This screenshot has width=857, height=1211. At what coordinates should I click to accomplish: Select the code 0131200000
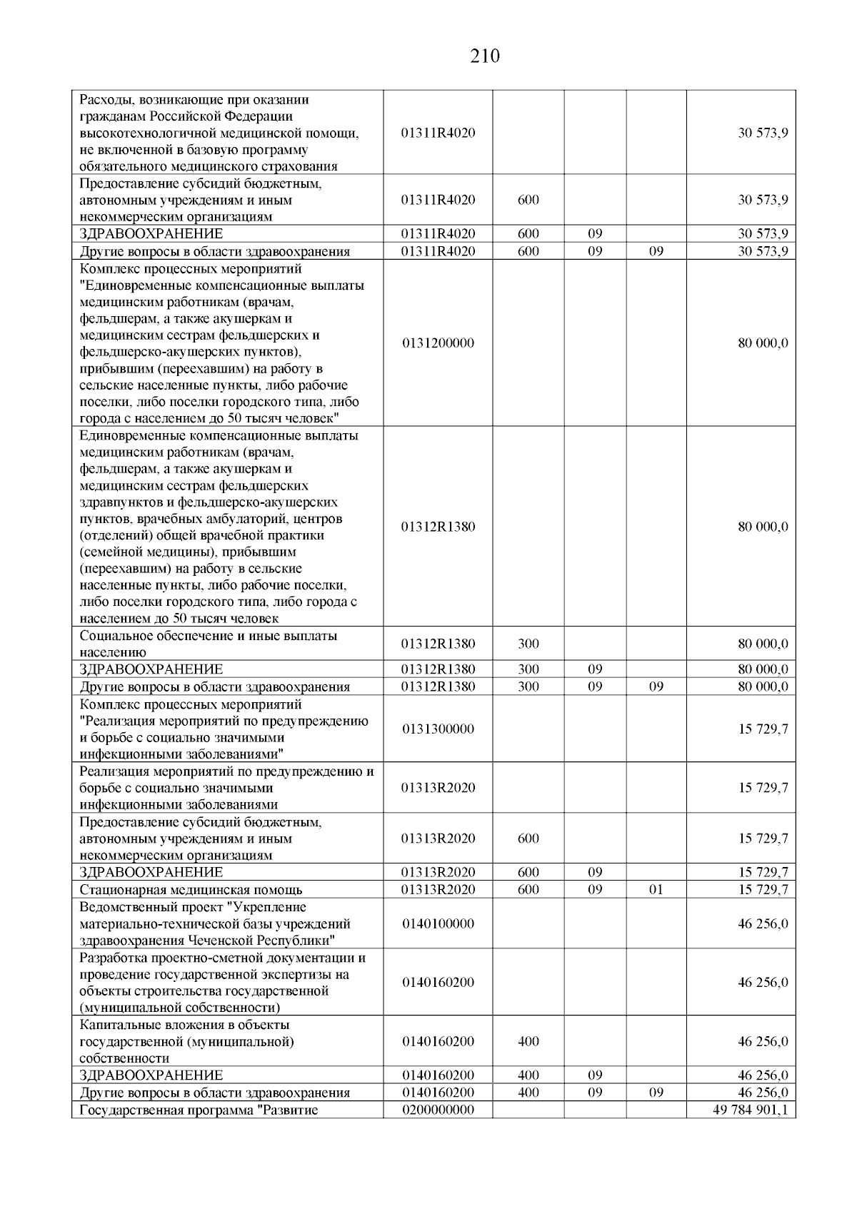point(438,343)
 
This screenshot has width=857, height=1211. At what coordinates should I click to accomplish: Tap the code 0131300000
point(438,729)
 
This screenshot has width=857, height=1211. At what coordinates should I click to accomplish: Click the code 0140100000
point(438,924)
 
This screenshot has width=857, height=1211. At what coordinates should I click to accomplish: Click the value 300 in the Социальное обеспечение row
point(528,644)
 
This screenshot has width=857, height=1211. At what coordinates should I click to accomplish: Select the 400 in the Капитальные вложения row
point(528,1042)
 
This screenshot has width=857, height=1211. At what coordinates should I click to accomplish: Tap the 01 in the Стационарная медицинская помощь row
point(656,890)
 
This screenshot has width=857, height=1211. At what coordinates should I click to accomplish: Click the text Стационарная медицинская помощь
point(191,890)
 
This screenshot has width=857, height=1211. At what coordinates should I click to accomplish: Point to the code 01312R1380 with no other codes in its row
point(438,527)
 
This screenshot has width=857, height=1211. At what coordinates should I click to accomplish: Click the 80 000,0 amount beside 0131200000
point(763,343)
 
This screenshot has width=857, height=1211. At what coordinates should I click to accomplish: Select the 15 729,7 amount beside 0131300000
point(763,729)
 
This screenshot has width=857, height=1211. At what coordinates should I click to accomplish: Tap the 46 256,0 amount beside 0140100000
point(763,924)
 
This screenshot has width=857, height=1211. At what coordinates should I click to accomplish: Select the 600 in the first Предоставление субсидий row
point(528,200)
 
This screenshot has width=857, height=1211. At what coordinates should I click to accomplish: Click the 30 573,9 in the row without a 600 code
point(763,133)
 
